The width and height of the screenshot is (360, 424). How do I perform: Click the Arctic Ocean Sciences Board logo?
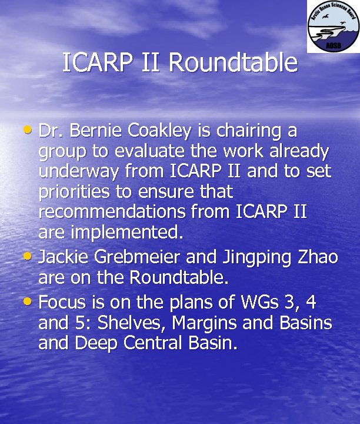(332, 26)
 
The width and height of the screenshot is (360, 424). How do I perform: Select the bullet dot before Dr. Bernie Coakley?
(31, 131)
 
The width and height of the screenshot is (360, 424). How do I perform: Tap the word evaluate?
(149, 151)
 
